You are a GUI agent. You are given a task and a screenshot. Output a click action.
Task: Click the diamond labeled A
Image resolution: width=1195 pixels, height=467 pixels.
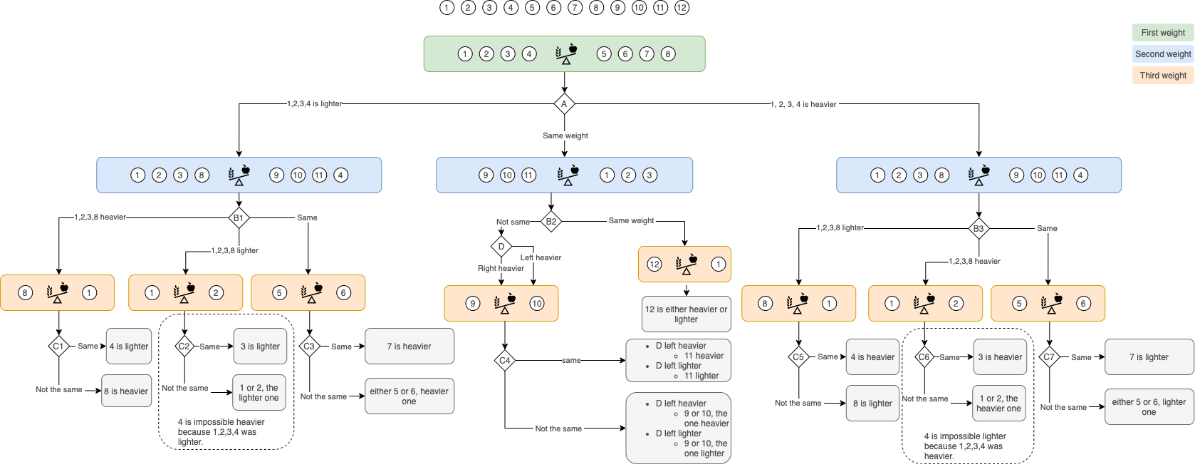(x=564, y=103)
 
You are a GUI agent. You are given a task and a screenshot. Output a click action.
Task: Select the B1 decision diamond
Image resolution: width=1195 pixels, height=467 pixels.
(x=239, y=218)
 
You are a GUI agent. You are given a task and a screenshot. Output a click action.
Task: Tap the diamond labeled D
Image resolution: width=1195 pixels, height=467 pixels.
(x=501, y=246)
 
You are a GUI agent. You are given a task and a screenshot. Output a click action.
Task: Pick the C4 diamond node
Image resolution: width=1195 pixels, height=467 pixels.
(x=505, y=361)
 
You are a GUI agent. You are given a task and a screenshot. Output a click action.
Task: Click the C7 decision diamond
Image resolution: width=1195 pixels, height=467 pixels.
(x=1049, y=357)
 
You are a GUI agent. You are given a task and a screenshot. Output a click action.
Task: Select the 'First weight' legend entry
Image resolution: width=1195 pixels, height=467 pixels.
(x=1163, y=33)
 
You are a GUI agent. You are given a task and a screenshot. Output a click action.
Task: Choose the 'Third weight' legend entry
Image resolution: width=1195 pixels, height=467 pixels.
(x=1163, y=76)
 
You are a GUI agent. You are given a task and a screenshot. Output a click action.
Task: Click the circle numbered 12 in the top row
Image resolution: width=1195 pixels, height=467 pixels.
(x=682, y=7)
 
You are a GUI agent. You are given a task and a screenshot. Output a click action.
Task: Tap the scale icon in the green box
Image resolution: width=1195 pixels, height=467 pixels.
(x=566, y=54)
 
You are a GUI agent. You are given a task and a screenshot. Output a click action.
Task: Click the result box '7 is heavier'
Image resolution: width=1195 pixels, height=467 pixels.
(x=409, y=347)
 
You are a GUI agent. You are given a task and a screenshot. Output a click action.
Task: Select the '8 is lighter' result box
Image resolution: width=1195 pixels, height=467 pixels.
(x=872, y=404)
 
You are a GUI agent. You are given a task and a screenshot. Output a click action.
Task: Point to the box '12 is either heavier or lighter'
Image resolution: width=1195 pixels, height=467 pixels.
(x=686, y=314)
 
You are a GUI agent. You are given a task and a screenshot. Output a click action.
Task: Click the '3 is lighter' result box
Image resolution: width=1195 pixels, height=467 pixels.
(x=260, y=347)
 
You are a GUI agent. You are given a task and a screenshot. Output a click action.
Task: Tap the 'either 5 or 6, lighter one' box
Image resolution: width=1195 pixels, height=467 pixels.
(x=1149, y=407)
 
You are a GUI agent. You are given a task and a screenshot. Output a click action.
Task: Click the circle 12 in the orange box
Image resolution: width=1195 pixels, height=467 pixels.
(x=654, y=264)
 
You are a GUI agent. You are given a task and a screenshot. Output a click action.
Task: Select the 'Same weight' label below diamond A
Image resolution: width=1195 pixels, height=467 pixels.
(x=565, y=135)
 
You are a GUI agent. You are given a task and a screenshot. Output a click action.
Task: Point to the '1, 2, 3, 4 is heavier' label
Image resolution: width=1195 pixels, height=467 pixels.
(x=803, y=104)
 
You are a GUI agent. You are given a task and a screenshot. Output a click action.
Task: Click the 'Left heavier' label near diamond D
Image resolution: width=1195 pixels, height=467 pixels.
(x=541, y=257)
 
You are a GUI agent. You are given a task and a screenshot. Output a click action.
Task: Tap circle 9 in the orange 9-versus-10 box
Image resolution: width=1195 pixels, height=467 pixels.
(x=473, y=304)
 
